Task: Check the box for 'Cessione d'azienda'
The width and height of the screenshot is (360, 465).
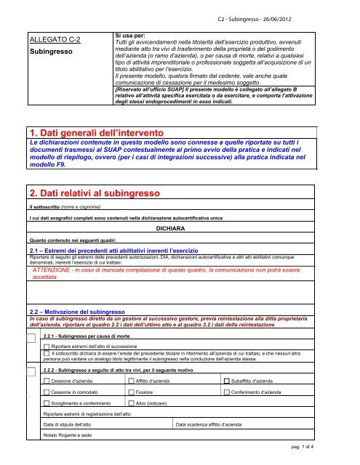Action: point(47,381)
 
